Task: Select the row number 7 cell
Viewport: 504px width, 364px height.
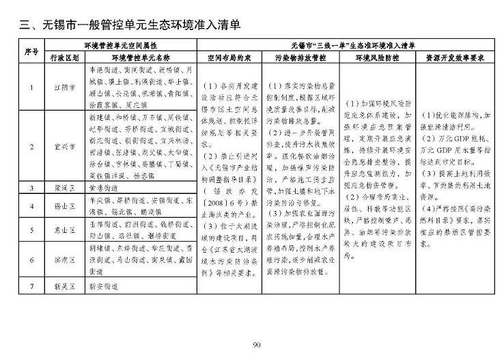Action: pyautogui.click(x=31, y=288)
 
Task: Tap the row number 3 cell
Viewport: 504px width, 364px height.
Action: pyautogui.click(x=31, y=186)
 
